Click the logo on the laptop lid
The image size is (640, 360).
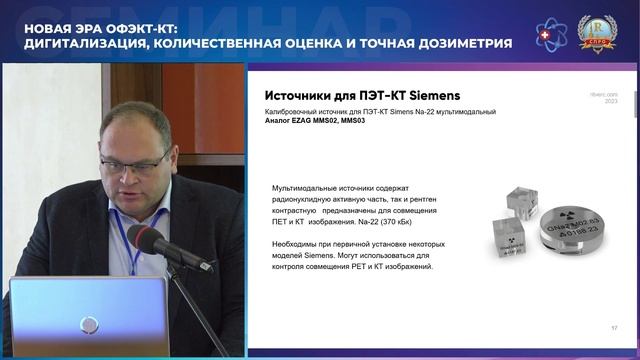click(89, 323)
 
